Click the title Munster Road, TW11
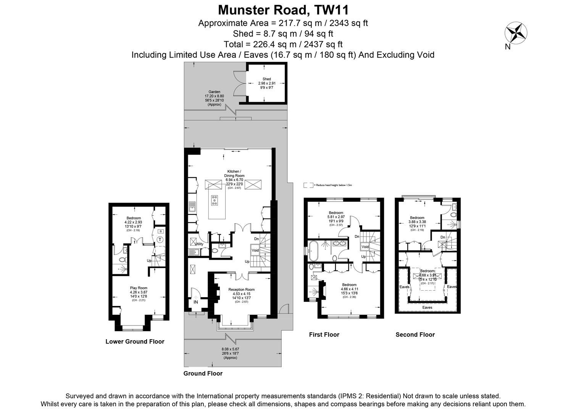[283, 10]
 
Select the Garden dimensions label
[214, 98]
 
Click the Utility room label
[199, 244]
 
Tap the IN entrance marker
[196, 302]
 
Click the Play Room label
[138, 288]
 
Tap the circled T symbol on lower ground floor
[160, 240]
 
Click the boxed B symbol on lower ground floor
[160, 231]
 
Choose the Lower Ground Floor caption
[135, 341]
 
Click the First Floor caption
[324, 335]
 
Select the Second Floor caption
[415, 335]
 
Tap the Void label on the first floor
[365, 247]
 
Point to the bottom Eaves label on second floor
[427, 307]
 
